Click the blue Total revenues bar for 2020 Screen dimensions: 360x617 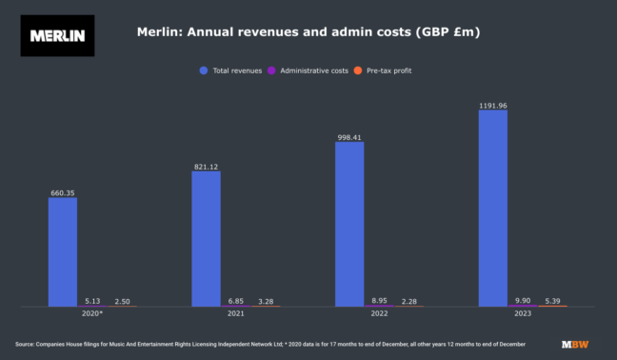pyautogui.click(x=63, y=251)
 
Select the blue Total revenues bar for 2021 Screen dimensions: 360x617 pyautogui.click(x=206, y=238)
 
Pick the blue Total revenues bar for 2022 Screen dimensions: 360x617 pyautogui.click(x=349, y=224)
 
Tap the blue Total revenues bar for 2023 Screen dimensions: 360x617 pyautogui.click(x=492, y=208)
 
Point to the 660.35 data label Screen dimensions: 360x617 pyautogui.click(x=63, y=193)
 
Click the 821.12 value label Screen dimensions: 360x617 pyautogui.click(x=206, y=167)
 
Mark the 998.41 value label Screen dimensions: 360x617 pyautogui.click(x=349, y=137)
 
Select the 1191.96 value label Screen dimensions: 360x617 pyautogui.click(x=492, y=105)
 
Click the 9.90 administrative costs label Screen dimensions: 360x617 pyautogui.click(x=522, y=300)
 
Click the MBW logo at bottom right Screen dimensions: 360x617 pyautogui.click(x=574, y=343)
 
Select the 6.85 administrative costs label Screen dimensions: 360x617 pyautogui.click(x=235, y=300)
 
